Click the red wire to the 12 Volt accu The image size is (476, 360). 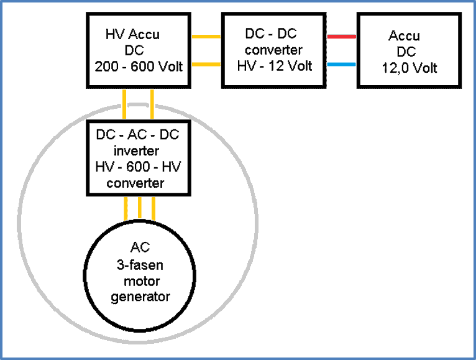tap(341, 37)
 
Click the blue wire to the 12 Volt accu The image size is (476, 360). tap(341, 64)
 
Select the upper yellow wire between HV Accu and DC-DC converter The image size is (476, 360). tap(206, 37)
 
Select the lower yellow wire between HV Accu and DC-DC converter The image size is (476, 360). tap(206, 64)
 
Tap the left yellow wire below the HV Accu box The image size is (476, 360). tap(125, 104)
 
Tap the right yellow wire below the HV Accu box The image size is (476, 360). tap(152, 104)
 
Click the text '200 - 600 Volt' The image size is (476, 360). tap(139, 66)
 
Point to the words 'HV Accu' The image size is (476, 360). tap(132, 34)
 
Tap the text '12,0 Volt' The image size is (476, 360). tap(410, 68)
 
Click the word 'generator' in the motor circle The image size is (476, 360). tap(140, 297)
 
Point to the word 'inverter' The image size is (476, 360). tap(136, 150)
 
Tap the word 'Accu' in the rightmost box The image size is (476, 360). tap(404, 36)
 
